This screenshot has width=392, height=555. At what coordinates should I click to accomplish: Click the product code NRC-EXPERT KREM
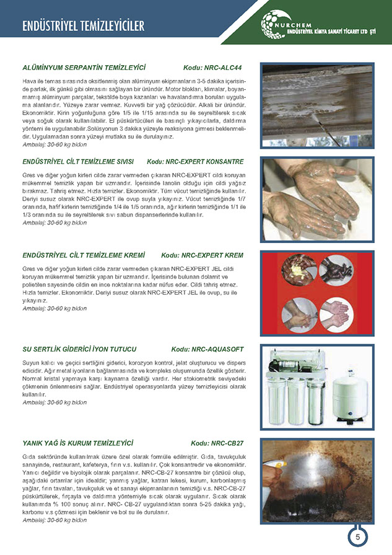[x=203, y=255]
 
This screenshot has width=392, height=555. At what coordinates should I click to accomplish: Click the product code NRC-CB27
[x=217, y=443]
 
